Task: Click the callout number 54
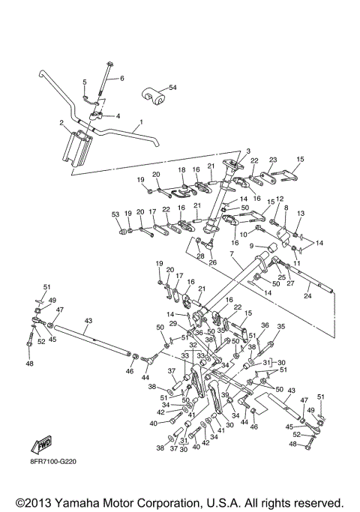tap(173, 88)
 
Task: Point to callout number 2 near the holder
tap(61, 122)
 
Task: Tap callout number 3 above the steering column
tap(227, 151)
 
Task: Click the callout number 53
tap(115, 214)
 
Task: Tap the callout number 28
tap(200, 256)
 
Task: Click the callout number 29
tap(173, 323)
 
